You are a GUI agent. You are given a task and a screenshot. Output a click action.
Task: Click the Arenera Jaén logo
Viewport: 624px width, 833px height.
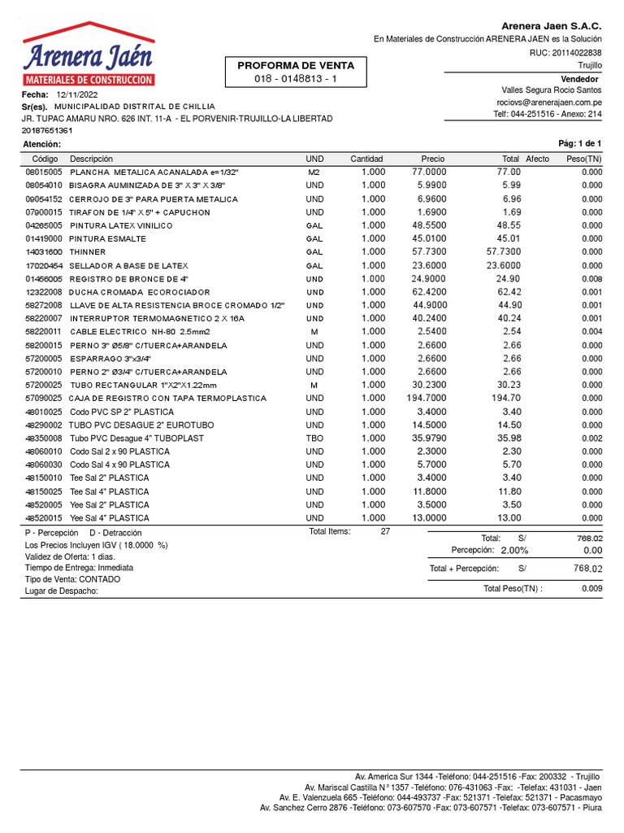tap(89, 55)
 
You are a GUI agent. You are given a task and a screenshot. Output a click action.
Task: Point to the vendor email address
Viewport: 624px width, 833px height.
tap(549, 102)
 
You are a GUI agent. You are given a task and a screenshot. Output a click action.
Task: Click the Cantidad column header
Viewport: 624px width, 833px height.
tap(366, 159)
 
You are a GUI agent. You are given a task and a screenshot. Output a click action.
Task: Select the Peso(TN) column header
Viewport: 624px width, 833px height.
tap(583, 159)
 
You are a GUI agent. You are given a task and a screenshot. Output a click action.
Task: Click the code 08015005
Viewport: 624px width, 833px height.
tap(44, 172)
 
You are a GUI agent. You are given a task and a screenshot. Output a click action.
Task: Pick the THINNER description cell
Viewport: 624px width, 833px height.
tap(87, 252)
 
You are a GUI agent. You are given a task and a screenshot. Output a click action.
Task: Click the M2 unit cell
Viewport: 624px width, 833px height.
tap(314, 172)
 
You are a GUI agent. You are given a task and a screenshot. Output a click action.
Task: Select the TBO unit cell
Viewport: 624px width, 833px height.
tap(314, 438)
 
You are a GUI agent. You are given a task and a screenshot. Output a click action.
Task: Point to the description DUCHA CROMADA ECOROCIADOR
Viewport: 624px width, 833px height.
tap(139, 292)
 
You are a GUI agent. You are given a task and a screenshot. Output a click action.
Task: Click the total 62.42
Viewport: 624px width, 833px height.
tap(509, 292)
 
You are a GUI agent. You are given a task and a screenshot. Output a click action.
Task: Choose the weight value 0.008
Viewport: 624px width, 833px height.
tap(591, 278)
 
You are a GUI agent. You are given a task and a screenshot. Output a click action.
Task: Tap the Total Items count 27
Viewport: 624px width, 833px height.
tap(385, 531)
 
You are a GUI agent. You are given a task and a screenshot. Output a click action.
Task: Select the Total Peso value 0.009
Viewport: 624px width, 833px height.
tap(591, 588)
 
